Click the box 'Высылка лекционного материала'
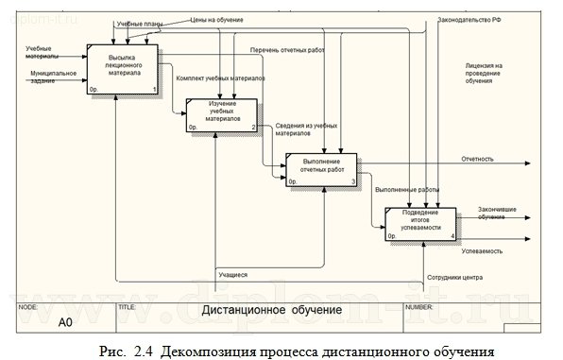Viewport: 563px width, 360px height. tap(123, 69)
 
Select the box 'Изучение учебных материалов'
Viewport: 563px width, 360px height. tap(222, 114)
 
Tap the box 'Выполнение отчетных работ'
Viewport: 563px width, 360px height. tap(321, 168)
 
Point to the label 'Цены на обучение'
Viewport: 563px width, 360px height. tap(216, 19)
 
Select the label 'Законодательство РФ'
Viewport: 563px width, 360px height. tap(469, 20)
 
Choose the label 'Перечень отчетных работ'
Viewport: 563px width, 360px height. tap(287, 50)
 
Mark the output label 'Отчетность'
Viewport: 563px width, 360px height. tap(477, 159)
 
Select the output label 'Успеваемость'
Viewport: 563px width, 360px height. tap(482, 251)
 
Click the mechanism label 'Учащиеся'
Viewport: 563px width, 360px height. tap(232, 274)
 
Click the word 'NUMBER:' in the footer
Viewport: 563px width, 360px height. tap(418, 307)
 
